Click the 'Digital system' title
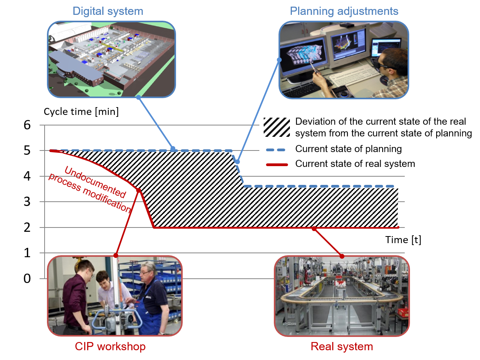click(x=108, y=11)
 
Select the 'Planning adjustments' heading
click(x=344, y=11)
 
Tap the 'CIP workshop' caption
click(x=110, y=346)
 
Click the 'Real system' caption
click(x=342, y=346)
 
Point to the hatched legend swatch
click(x=277, y=127)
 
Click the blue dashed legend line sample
click(x=277, y=149)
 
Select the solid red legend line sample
click(x=277, y=164)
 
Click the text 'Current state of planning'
click(x=348, y=149)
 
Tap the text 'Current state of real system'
click(x=355, y=164)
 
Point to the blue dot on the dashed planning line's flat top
click(x=173, y=149)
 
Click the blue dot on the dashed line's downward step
click(x=237, y=161)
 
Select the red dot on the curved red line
click(x=138, y=190)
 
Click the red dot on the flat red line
click(x=314, y=228)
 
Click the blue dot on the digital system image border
click(x=138, y=97)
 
